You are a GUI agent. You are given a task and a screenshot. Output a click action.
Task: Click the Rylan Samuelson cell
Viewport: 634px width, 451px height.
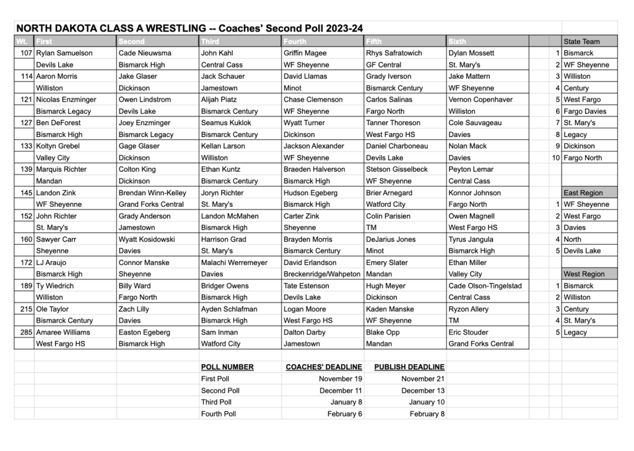pos(64,53)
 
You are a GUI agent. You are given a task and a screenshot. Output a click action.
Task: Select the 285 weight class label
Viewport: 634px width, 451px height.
pos(25,332)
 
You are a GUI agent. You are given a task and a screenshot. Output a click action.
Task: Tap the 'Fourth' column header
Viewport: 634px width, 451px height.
pos(295,42)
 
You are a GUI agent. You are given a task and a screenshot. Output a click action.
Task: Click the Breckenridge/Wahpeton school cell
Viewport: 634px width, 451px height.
pos(321,274)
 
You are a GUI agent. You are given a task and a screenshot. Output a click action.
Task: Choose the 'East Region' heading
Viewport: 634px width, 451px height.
pos(583,193)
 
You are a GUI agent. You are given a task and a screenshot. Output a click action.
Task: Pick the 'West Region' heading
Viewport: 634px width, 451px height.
pos(583,274)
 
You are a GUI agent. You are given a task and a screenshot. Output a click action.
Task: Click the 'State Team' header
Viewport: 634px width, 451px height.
pos(581,42)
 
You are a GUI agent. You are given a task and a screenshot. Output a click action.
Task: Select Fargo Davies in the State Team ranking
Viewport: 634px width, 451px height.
pos(585,112)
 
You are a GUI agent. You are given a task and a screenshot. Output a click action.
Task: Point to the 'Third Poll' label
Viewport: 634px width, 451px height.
pos(216,402)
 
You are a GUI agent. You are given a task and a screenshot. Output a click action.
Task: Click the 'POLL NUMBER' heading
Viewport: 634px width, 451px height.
pos(227,367)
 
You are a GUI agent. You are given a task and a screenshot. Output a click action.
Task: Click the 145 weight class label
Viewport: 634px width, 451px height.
pos(25,193)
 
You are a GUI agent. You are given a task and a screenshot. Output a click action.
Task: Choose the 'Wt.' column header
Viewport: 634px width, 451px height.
pos(23,42)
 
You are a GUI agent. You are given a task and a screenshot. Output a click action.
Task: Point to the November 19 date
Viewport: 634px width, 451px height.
pos(341,379)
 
